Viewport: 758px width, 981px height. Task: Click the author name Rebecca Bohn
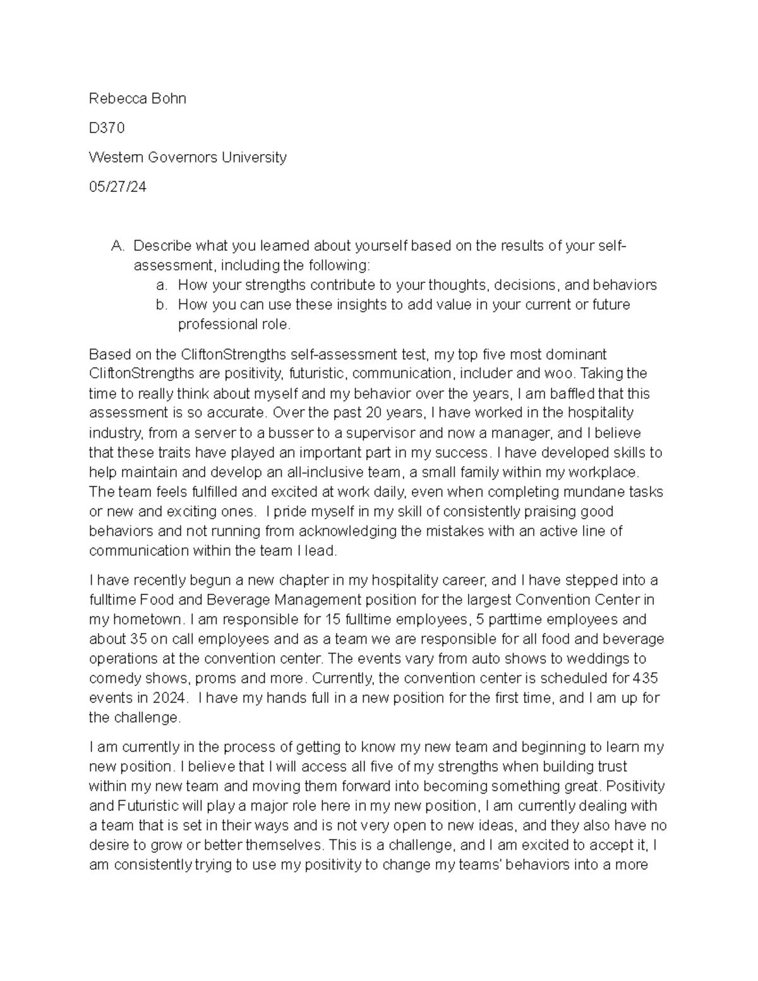[137, 99]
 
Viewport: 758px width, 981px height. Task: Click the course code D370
[107, 128]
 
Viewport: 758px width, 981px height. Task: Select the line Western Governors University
[188, 157]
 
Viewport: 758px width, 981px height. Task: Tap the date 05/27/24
[117, 187]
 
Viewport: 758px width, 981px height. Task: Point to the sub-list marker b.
[162, 304]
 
